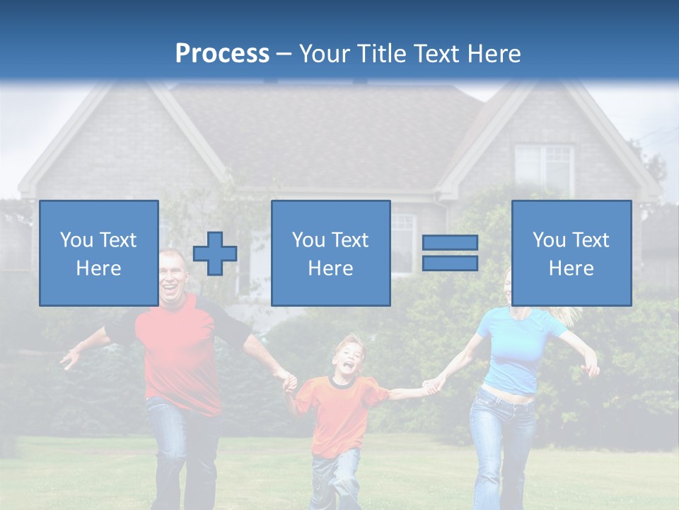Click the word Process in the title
coord(222,54)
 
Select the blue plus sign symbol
coord(215,254)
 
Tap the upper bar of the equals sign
coord(450,243)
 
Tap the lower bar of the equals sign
coord(450,263)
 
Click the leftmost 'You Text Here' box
coord(99,253)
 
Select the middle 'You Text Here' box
coord(330,253)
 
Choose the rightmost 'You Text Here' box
coord(571,253)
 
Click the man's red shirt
coord(177,354)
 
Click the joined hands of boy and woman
coord(431,387)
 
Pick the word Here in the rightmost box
coord(571,268)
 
